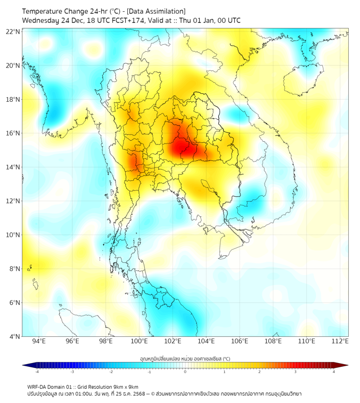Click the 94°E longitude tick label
39,341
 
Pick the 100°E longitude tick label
139,341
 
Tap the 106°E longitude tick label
240,341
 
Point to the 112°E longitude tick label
340,341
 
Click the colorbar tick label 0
185,372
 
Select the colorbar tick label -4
37,372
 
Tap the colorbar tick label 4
334,372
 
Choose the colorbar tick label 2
259,372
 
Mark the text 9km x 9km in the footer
127,386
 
